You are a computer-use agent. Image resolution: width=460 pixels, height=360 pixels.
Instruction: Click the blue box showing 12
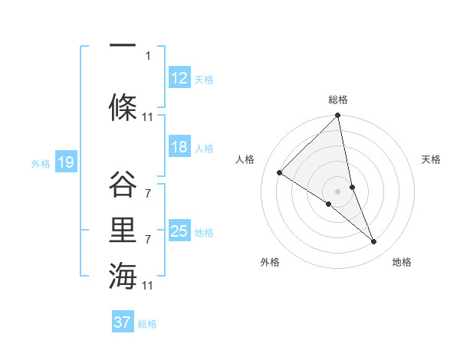coord(179,78)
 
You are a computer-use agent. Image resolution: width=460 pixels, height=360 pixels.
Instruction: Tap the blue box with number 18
coord(179,147)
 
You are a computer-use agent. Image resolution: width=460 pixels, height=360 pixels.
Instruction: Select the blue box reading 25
coord(179,231)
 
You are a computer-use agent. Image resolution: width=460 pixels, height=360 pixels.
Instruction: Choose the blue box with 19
coord(66,162)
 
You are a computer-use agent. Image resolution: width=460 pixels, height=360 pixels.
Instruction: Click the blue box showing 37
coord(122,322)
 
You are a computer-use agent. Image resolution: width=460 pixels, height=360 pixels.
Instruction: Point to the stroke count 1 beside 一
coord(148,55)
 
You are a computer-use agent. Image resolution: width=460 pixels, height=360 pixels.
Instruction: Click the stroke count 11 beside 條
coord(148,117)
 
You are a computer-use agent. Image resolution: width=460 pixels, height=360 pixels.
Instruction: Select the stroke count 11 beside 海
coord(148,286)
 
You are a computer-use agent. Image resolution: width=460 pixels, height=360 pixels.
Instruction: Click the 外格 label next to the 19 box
coord(40,163)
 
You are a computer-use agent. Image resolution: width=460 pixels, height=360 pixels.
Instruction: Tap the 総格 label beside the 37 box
coord(147,324)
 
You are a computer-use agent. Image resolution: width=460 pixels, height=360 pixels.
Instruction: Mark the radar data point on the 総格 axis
coord(337,116)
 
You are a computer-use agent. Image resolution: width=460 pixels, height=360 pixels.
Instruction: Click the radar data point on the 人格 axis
coord(280,173)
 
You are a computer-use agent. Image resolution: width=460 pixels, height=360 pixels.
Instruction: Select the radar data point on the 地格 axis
coord(374,241)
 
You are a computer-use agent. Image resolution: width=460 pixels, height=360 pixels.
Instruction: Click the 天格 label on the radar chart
coord(431,159)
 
